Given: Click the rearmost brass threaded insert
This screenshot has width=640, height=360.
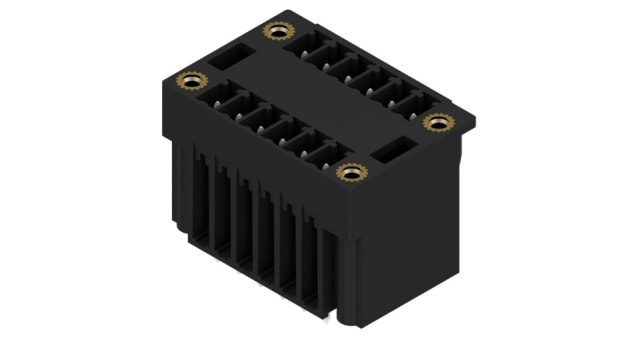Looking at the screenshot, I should (277, 31).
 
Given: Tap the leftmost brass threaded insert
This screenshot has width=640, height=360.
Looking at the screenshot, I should (190, 80).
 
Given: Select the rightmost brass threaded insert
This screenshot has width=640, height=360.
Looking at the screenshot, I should (437, 122).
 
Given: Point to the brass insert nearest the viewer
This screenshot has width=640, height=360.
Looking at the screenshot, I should (350, 172).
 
